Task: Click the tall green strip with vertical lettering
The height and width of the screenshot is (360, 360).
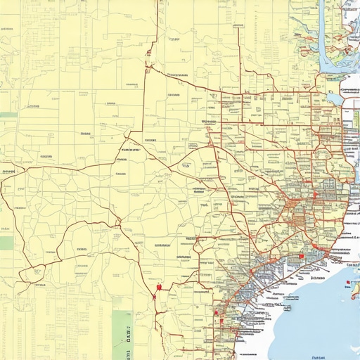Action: (122, 334)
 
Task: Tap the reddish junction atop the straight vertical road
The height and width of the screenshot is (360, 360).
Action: (148, 67)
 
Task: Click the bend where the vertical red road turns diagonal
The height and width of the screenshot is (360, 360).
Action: (143, 130)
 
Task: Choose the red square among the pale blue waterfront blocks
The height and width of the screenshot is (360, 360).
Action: (300, 257)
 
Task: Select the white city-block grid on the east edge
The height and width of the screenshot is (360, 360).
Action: (351, 134)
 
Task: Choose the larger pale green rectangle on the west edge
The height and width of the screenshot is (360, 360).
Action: (6, 243)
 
